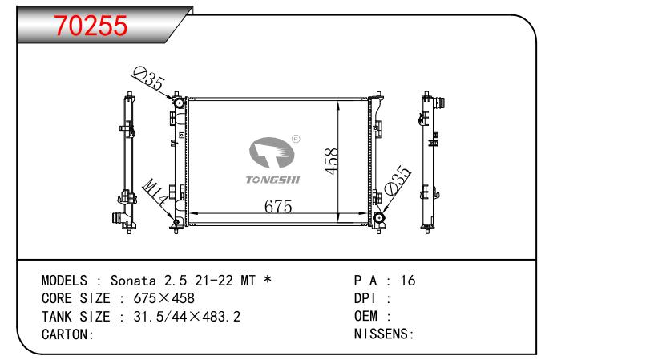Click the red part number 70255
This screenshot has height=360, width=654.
tap(91, 26)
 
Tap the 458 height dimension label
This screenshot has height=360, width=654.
tap(332, 161)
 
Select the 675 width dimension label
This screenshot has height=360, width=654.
tap(278, 207)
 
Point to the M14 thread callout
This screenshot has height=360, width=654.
tap(155, 192)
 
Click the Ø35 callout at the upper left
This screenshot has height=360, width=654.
tap(148, 79)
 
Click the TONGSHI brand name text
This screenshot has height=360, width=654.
tap(272, 180)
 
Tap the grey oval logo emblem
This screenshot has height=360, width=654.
tap(272, 152)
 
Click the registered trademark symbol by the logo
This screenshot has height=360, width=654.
tap(296, 139)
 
